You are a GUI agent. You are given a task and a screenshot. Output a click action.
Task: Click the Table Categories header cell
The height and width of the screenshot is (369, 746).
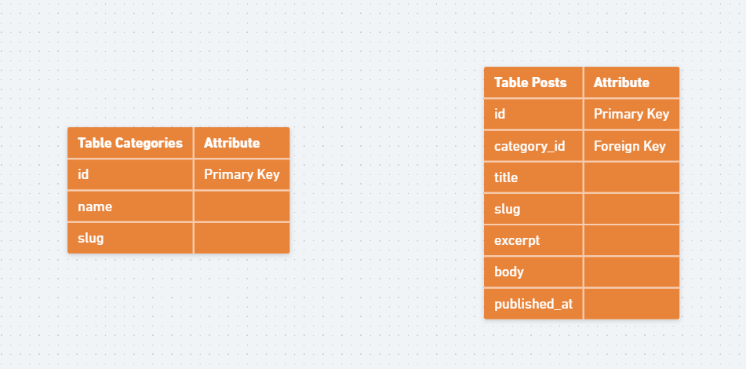130,143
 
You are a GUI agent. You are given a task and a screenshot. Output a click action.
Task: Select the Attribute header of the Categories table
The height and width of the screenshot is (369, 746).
241,143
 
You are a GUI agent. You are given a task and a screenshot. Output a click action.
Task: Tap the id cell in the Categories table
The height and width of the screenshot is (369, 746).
130,174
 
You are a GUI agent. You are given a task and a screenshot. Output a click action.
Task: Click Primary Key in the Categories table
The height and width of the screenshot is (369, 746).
241,174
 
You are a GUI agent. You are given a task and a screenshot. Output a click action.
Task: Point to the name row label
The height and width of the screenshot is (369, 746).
130,206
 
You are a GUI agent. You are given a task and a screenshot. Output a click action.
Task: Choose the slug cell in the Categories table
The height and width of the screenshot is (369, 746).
130,238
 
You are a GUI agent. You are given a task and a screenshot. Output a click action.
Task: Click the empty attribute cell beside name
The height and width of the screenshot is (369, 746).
241,206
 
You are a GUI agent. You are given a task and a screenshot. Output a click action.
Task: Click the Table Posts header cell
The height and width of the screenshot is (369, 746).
533,82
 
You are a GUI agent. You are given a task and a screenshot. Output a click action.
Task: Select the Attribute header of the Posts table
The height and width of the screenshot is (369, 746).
631,82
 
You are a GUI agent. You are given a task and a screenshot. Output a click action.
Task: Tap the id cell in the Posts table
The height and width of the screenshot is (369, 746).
533,114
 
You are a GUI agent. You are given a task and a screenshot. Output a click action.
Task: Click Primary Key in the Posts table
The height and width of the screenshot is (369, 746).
631,114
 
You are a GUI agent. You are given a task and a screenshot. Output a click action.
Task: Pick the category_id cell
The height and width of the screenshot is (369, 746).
533,146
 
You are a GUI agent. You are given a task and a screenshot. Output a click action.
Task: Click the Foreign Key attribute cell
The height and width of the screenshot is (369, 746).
631,146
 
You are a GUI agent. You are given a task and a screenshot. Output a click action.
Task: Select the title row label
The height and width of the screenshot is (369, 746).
533,177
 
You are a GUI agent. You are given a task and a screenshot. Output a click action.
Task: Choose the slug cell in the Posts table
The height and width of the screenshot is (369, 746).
533,209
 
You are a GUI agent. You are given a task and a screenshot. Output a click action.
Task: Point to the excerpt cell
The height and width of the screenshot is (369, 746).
533,240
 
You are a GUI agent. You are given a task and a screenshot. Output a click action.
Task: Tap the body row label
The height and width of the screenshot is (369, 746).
533,272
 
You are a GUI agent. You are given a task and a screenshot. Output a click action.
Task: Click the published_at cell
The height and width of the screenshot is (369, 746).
533,303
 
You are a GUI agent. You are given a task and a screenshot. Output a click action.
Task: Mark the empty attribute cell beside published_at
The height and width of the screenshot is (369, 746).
631,303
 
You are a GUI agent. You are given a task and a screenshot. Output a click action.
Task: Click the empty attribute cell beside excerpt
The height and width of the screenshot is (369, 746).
631,240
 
